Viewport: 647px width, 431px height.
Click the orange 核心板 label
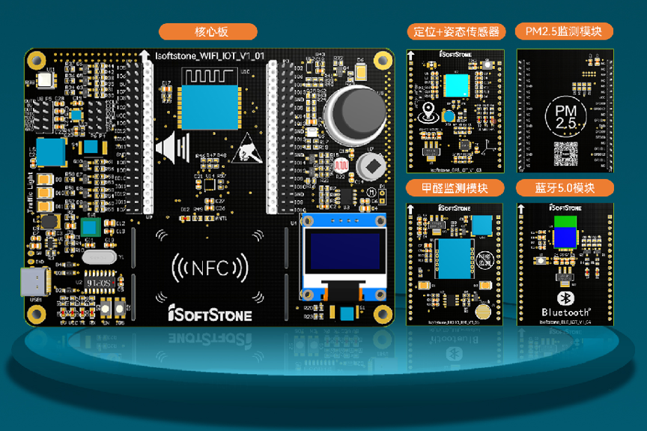pyautogui.click(x=208, y=31)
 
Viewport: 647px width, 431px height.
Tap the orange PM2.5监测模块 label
pyautogui.click(x=565, y=31)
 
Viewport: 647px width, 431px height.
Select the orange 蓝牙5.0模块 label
pyautogui.click(x=565, y=187)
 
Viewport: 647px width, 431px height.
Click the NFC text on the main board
pyautogui.click(x=210, y=268)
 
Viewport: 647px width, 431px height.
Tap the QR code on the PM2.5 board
pyautogui.click(x=565, y=152)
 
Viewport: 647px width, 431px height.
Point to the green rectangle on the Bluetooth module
pyautogui.click(x=565, y=221)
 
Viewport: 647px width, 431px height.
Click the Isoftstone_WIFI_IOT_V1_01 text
pyautogui.click(x=209, y=56)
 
